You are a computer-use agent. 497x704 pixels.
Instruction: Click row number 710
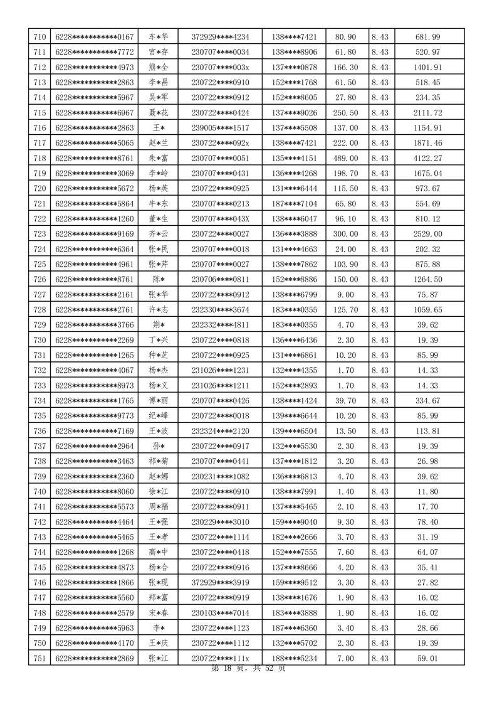(39, 37)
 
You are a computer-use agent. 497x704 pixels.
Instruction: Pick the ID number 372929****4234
(220, 37)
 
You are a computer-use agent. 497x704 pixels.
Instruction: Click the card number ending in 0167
(95, 37)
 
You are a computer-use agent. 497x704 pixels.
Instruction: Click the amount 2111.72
(428, 113)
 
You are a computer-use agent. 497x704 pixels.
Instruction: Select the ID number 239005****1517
(220, 128)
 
